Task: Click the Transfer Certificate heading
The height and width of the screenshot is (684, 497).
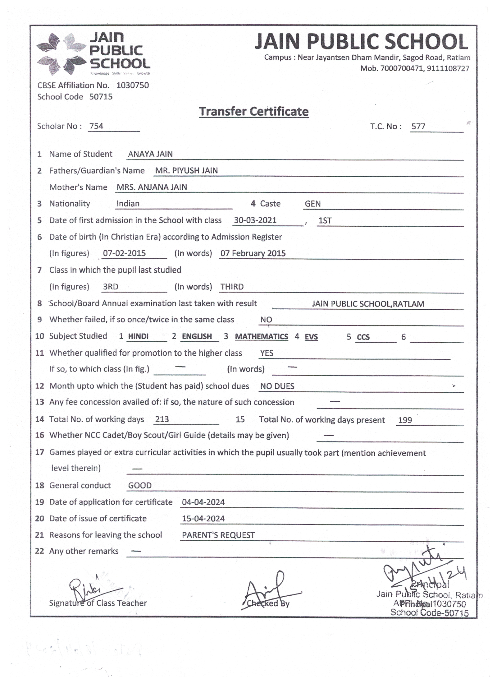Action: click(x=253, y=112)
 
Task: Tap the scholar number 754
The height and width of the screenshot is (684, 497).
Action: click(x=96, y=126)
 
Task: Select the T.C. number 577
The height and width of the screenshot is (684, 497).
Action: click(x=418, y=126)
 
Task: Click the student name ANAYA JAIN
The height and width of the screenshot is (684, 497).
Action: click(x=150, y=154)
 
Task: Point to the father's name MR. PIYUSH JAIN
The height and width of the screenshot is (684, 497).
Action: click(x=186, y=170)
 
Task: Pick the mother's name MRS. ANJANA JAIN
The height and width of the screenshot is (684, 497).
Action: click(x=152, y=187)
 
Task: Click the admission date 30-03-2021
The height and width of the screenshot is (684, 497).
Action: click(x=255, y=220)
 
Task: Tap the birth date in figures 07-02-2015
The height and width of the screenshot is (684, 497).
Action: click(x=124, y=253)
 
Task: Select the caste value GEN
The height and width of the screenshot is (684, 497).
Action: click(x=312, y=204)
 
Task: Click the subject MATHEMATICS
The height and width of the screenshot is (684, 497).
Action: click(x=261, y=336)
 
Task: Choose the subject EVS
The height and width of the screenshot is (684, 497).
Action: click(x=311, y=337)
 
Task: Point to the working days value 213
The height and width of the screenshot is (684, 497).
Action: click(x=162, y=419)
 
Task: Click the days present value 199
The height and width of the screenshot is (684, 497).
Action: click(x=405, y=420)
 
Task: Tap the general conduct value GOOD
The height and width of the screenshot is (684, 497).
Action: click(x=140, y=485)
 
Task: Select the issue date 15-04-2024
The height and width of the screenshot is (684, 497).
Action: click(x=203, y=518)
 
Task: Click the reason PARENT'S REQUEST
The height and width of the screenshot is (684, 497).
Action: click(x=218, y=535)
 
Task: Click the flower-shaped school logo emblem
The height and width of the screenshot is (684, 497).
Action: click(x=61, y=54)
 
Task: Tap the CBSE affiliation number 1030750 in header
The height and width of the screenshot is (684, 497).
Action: click(x=133, y=85)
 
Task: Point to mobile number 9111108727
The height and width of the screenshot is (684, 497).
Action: click(x=448, y=68)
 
